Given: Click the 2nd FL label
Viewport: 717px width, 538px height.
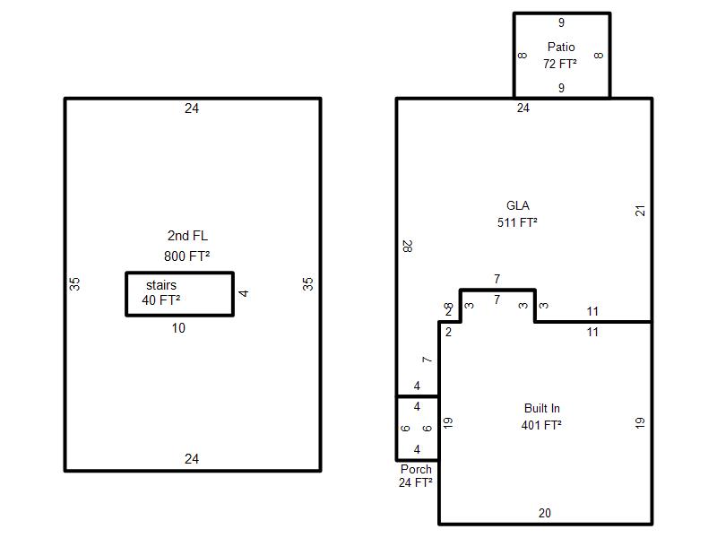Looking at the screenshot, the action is [x=187, y=236].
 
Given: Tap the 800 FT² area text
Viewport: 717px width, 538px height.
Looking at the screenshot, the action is [x=186, y=256].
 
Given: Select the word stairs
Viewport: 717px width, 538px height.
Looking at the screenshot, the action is [x=161, y=285].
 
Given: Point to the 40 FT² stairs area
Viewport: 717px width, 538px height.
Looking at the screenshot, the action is [x=161, y=300].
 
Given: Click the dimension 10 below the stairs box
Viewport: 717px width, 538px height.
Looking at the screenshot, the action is [x=178, y=328].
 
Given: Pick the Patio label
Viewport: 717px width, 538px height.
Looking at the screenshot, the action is [x=561, y=47].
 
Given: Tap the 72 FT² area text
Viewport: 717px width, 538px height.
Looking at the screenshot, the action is [x=559, y=64].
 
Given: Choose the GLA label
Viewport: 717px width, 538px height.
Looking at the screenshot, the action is [x=518, y=205].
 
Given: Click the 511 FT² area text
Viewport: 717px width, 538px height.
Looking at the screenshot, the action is [x=517, y=222].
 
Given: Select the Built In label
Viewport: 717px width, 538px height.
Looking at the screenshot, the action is [x=542, y=408].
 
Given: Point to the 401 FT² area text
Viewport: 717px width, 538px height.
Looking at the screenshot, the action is [x=541, y=425].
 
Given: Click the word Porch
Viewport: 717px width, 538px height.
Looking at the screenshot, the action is [x=416, y=469].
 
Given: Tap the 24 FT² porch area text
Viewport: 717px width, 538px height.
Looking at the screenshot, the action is [x=415, y=482].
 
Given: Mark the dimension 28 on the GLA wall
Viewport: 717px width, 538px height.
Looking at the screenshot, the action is [x=408, y=246].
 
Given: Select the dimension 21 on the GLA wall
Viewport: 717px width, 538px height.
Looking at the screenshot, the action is [x=640, y=211].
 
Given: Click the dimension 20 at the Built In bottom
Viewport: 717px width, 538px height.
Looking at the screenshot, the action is [x=545, y=513].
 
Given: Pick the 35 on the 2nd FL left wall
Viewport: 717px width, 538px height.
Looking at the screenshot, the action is [x=74, y=284].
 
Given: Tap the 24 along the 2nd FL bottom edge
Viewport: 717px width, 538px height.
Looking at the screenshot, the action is [x=192, y=459].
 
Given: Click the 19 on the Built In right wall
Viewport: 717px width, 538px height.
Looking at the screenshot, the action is [x=640, y=422].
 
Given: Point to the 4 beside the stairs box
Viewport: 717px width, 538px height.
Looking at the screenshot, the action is [x=244, y=293].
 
